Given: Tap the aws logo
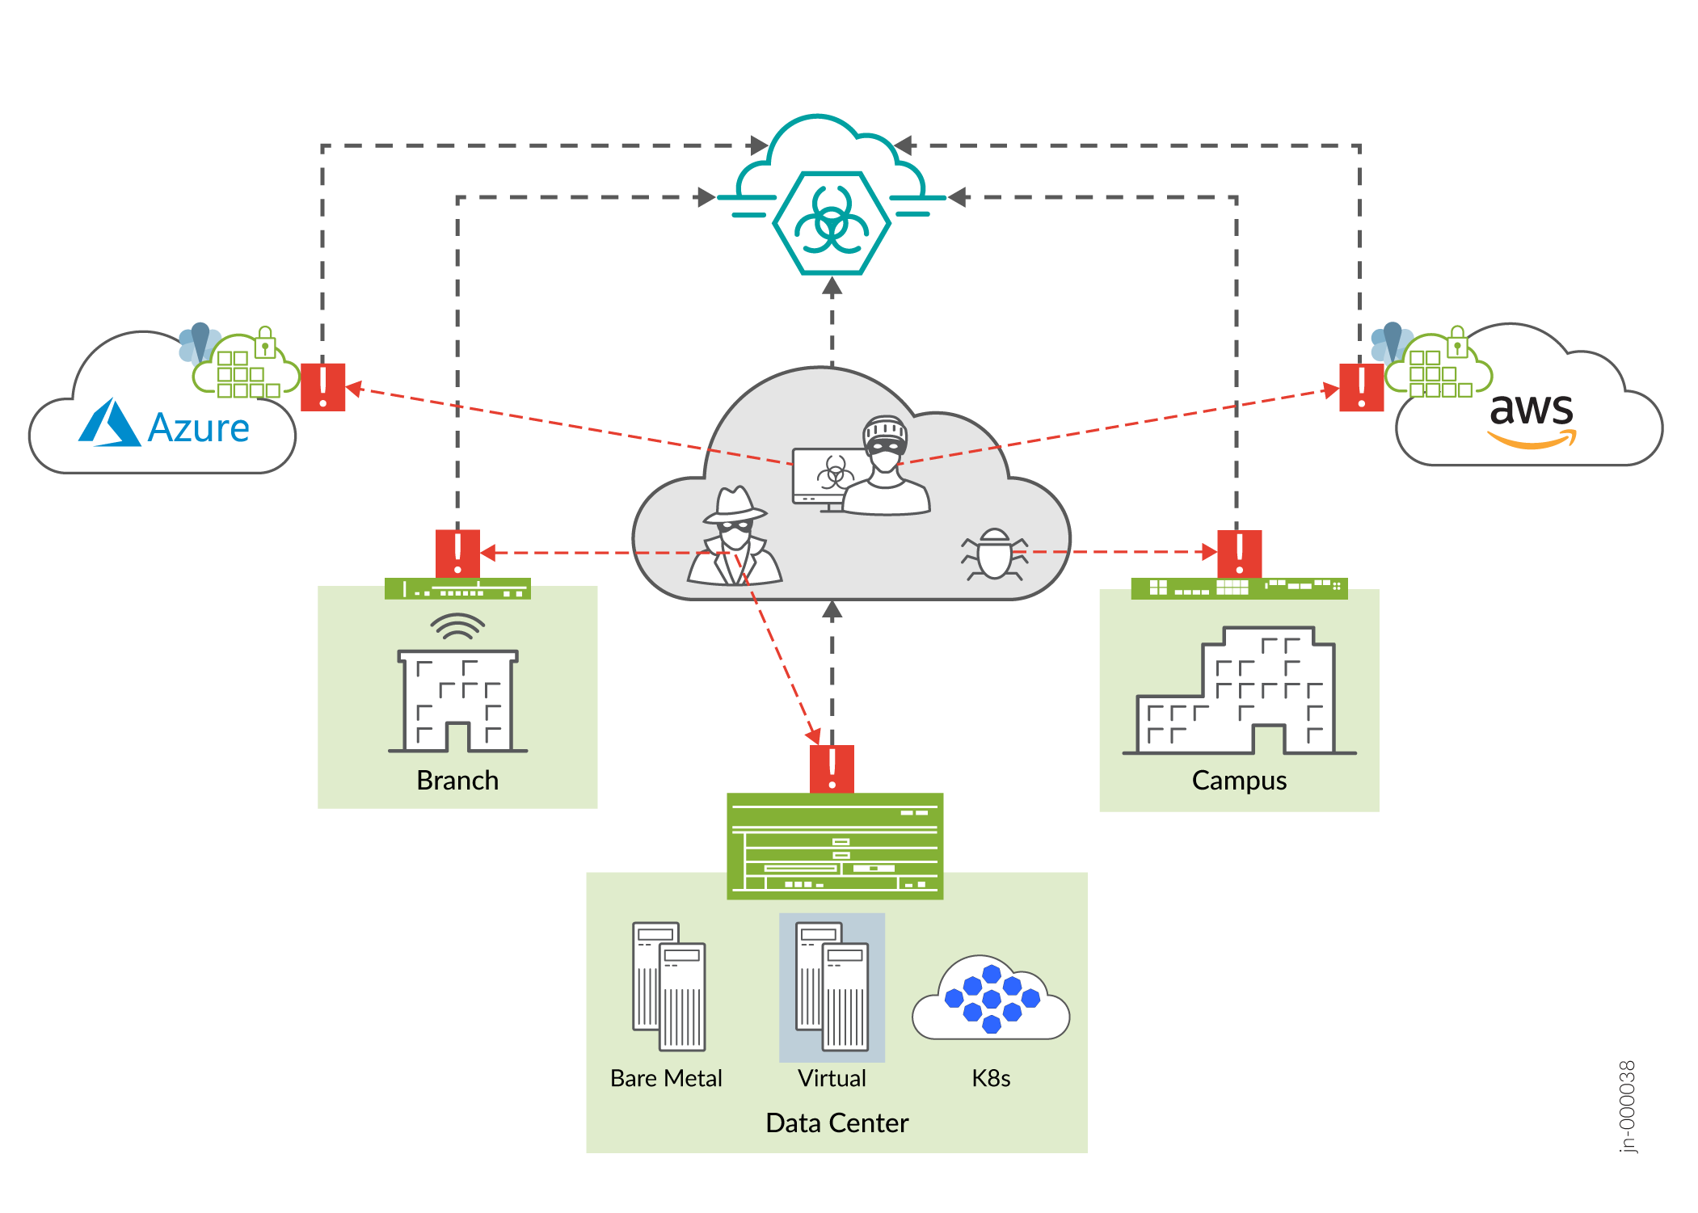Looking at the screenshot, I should [x=1532, y=417].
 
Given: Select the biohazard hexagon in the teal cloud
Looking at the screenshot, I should [x=832, y=222].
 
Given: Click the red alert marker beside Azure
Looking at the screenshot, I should [x=322, y=387].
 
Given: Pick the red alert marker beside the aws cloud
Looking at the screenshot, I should [x=1361, y=387].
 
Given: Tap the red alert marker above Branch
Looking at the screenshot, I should [x=457, y=553].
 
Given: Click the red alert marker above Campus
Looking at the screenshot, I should [x=1239, y=554].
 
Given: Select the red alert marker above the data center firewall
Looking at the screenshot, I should [x=832, y=769].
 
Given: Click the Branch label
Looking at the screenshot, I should [x=457, y=780].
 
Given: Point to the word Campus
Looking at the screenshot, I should [x=1239, y=780].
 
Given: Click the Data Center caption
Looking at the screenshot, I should [x=836, y=1122].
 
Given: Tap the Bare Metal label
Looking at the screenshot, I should [x=666, y=1078].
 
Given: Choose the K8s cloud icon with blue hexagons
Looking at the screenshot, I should [x=991, y=999].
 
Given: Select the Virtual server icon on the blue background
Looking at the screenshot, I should [x=832, y=987].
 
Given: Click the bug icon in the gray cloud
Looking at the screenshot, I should [x=994, y=555].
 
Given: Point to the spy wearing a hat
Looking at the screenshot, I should [x=735, y=537].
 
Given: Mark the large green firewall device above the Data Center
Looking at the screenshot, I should [x=835, y=845].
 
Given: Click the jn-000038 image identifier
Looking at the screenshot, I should [x=1627, y=1106].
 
